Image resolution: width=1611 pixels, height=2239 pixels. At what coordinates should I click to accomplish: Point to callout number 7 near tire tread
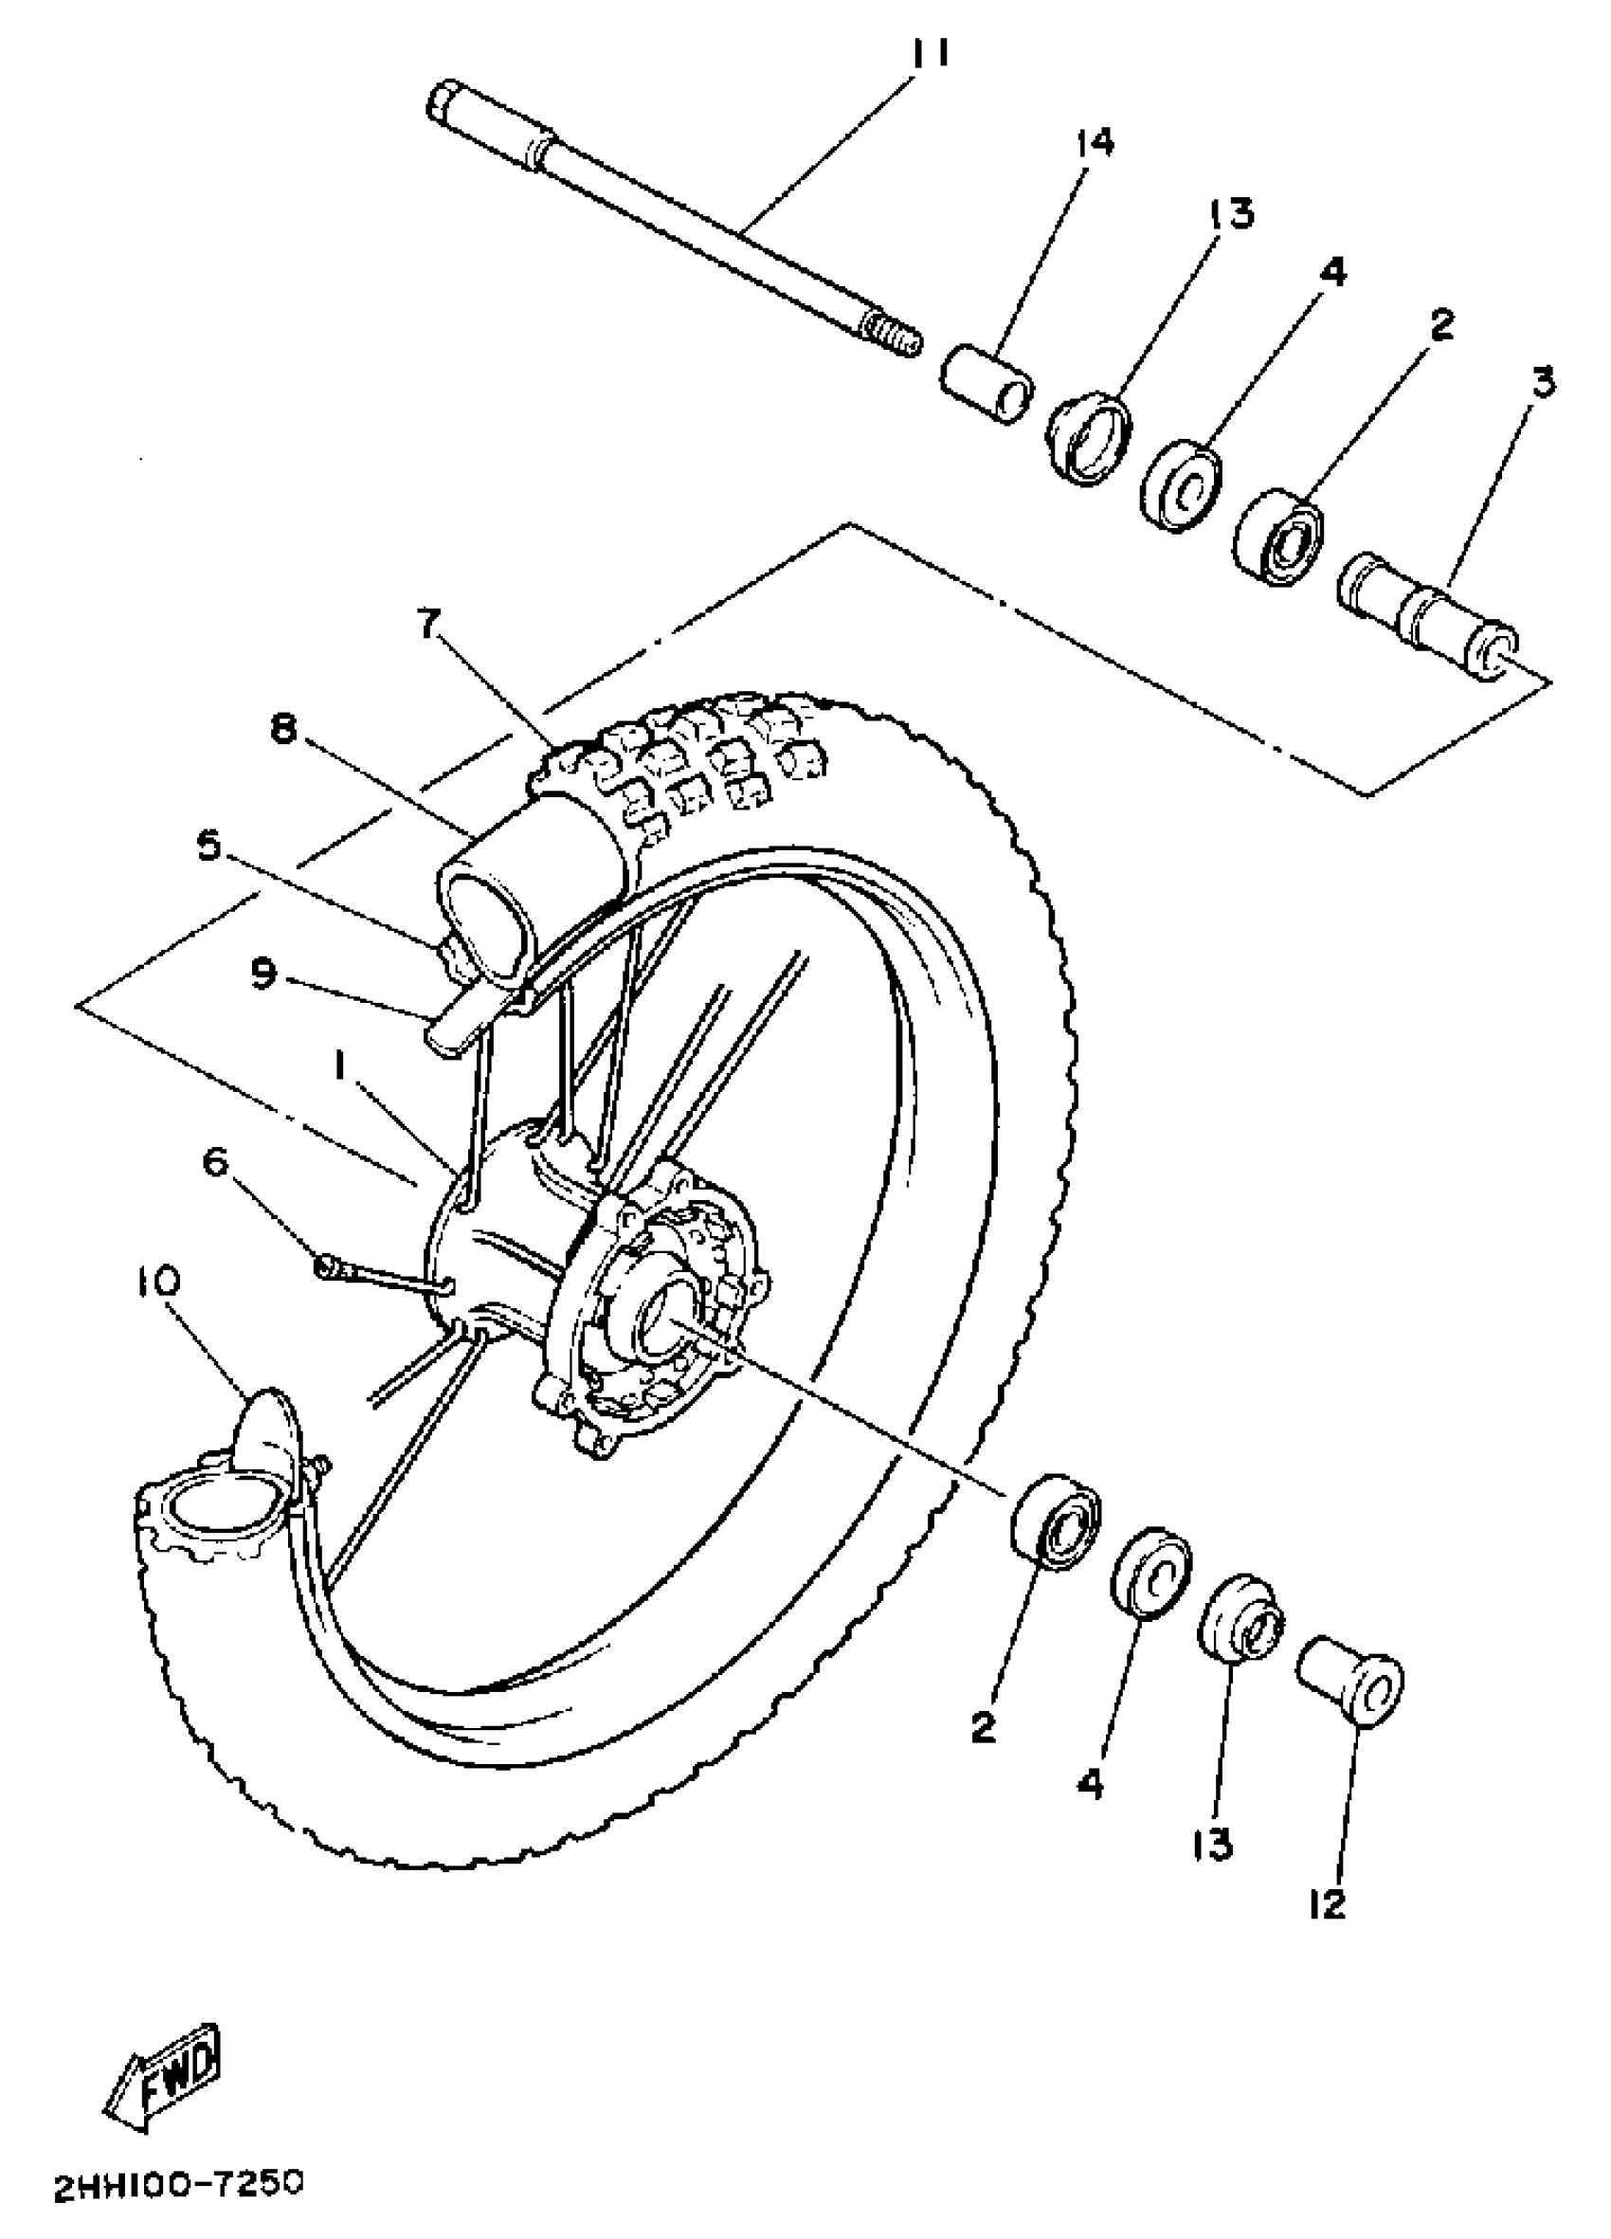coord(427,623)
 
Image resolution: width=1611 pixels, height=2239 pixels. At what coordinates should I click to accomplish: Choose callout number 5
coord(208,845)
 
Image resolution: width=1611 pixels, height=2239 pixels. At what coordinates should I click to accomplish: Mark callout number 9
coord(263,973)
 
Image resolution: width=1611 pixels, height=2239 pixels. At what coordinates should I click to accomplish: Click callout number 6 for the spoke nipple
coord(216,1162)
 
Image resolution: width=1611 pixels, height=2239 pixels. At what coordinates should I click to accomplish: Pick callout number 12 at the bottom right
coord(1329,1904)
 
